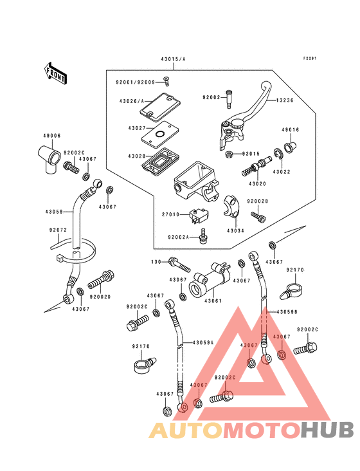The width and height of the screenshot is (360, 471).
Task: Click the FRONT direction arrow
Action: (x=55, y=73)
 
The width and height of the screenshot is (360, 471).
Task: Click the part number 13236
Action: (x=284, y=100)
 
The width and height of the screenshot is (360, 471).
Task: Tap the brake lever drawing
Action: (x=244, y=116)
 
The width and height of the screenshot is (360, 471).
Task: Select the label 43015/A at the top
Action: (x=173, y=59)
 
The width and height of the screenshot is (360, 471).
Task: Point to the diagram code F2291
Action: (x=310, y=59)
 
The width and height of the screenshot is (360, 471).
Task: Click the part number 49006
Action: (x=52, y=136)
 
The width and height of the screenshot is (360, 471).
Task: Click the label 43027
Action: (x=137, y=128)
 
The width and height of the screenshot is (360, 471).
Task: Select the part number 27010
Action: (x=170, y=214)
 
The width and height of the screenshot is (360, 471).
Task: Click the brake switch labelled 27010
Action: (x=199, y=216)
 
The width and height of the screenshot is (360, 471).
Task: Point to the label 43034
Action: (x=235, y=231)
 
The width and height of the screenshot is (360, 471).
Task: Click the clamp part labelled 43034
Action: (x=231, y=207)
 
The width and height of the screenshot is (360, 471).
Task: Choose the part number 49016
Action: (x=290, y=130)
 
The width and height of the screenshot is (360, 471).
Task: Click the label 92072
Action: (x=58, y=230)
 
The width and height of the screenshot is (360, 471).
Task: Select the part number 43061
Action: (x=213, y=300)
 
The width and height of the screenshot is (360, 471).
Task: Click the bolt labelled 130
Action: (x=179, y=264)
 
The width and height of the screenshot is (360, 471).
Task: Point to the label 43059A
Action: (x=203, y=342)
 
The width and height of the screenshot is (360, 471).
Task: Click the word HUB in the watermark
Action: (x=327, y=430)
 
